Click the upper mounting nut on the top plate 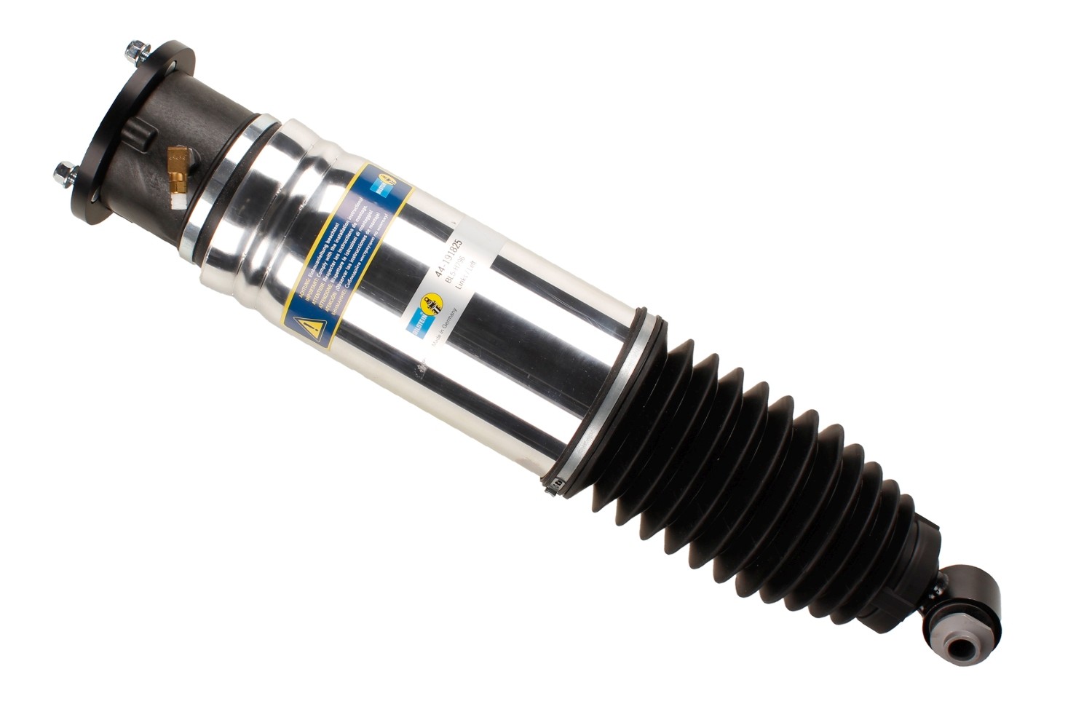(135, 51)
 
